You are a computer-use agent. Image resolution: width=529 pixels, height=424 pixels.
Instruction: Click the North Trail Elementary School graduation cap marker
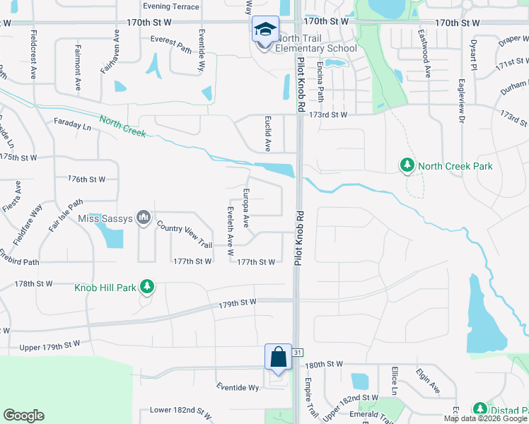tap(265, 30)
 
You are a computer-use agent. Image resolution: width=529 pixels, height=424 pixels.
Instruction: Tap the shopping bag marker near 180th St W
tap(278, 356)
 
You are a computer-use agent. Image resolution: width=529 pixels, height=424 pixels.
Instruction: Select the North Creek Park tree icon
tap(407, 166)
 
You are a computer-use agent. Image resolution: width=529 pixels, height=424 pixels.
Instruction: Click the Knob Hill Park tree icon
tap(146, 287)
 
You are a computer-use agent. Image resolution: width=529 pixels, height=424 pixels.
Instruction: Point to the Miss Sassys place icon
tap(144, 217)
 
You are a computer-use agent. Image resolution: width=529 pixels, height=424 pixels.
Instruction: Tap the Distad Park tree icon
tap(479, 410)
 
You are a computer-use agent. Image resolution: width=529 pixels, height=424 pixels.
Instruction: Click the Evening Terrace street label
tap(170, 6)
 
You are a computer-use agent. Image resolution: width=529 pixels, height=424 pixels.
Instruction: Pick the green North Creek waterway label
tap(122, 126)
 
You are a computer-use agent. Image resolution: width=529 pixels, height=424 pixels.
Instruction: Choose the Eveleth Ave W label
tap(230, 231)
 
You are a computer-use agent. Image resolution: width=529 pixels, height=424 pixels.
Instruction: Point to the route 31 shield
tap(298, 352)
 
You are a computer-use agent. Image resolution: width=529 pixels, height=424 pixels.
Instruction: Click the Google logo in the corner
tap(23, 416)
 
